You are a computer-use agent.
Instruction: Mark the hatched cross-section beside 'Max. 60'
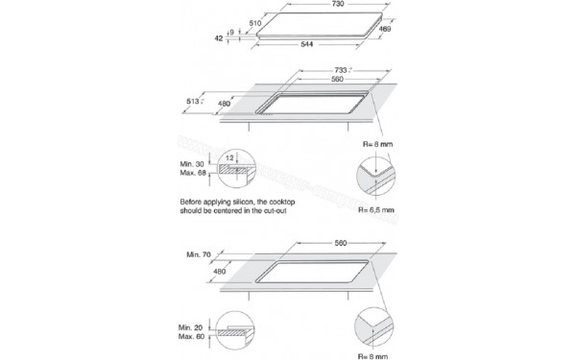234,334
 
